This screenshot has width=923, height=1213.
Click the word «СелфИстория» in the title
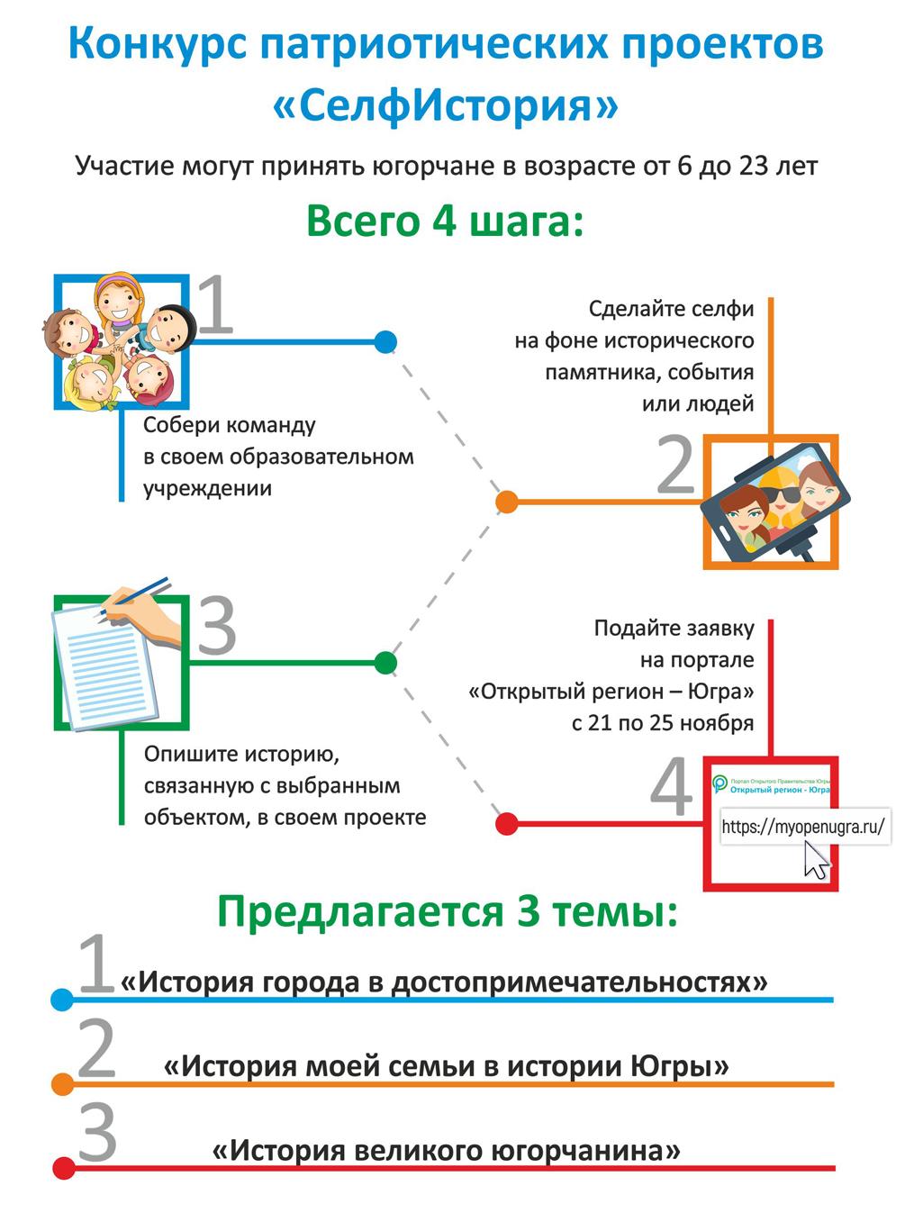(x=446, y=105)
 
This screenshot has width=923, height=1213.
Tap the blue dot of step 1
(x=385, y=341)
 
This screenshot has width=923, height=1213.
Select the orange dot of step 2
(x=507, y=502)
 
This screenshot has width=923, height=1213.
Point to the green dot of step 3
(x=385, y=663)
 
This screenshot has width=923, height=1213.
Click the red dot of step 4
(x=506, y=823)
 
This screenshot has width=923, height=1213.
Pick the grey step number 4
(x=672, y=789)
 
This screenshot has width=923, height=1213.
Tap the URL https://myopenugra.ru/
(x=804, y=827)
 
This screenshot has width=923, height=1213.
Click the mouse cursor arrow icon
(x=816, y=859)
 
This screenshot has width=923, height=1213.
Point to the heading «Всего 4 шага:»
(x=446, y=221)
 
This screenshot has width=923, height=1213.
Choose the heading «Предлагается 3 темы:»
(x=447, y=911)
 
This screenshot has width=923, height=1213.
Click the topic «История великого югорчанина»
(x=446, y=1150)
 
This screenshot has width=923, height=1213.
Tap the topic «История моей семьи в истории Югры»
(x=446, y=1066)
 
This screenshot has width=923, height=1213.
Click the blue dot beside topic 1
(x=62, y=1000)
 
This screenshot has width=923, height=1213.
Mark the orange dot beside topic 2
(x=62, y=1084)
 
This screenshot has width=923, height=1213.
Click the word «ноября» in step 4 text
(x=719, y=723)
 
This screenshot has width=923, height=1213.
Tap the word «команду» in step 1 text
(x=277, y=424)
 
